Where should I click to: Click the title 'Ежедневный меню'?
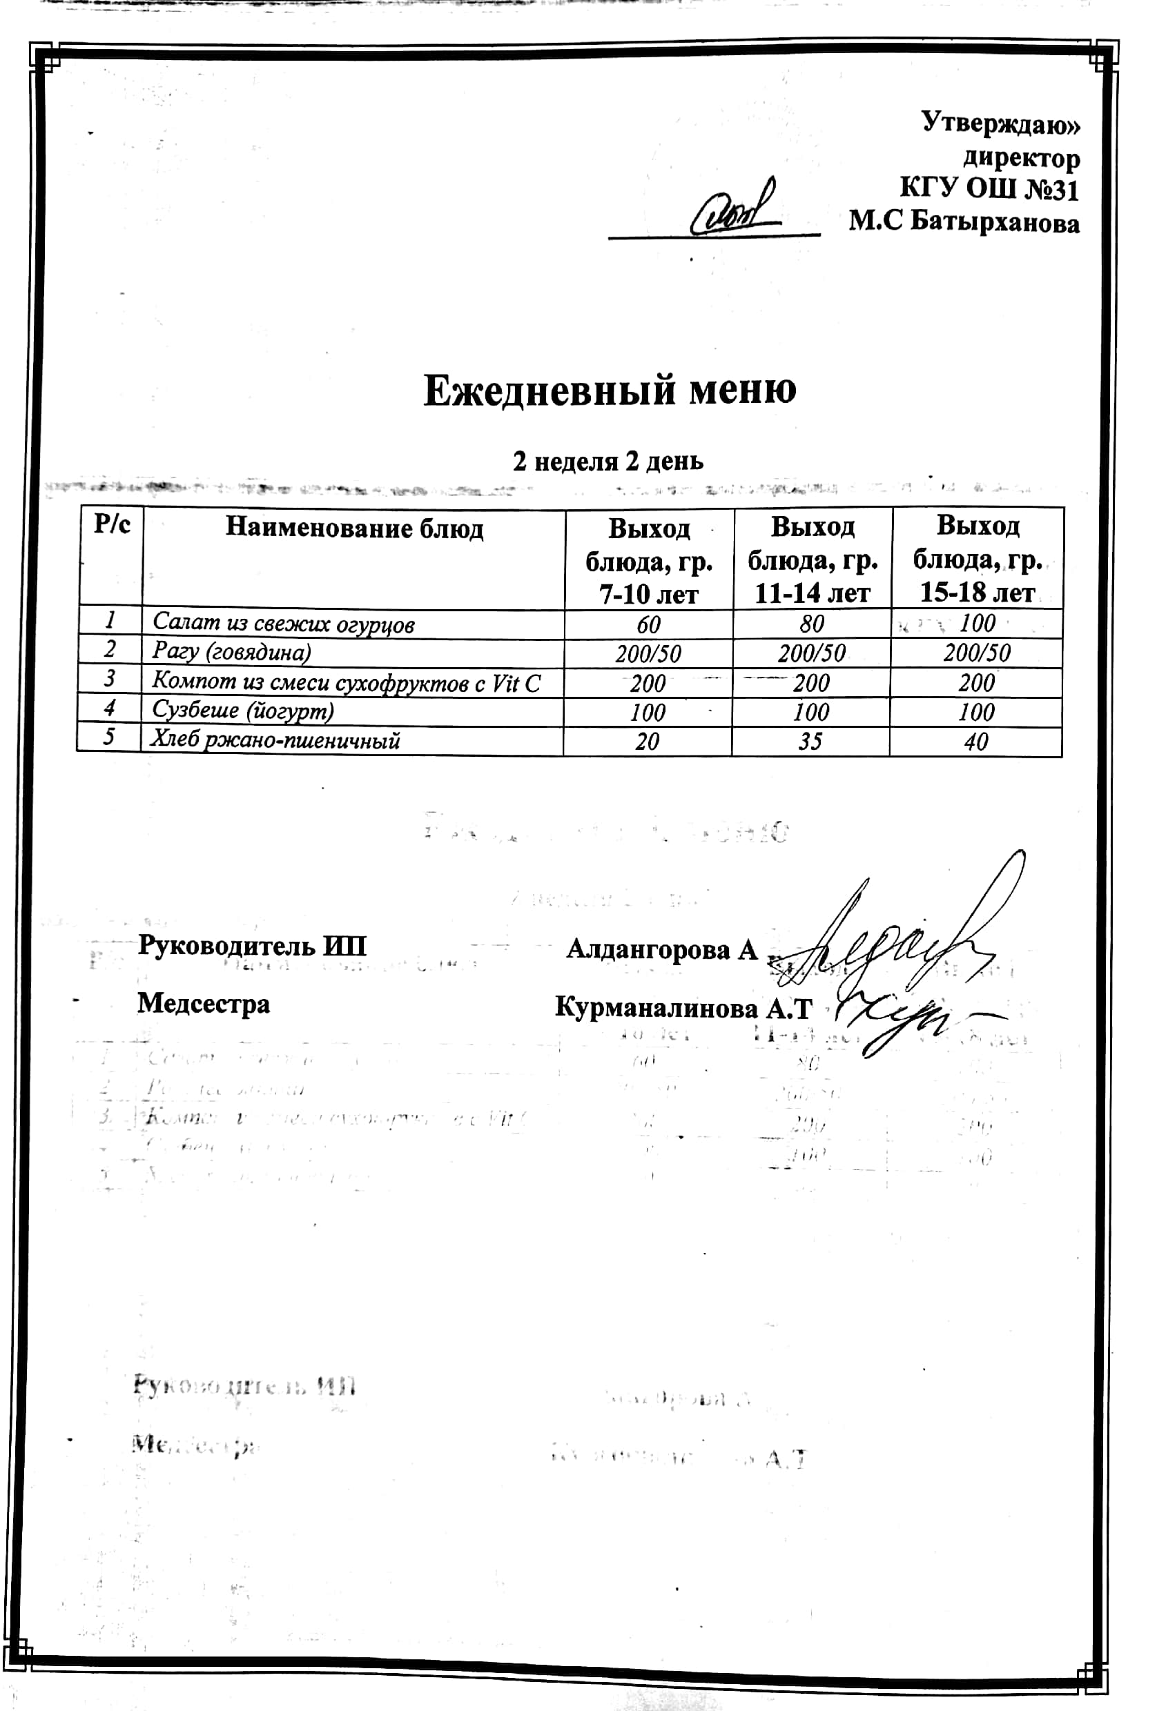(x=609, y=391)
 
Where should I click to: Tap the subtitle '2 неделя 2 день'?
(x=607, y=462)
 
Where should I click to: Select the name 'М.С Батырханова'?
(x=963, y=221)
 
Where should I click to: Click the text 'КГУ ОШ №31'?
(x=989, y=189)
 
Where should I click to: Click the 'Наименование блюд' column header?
(x=353, y=528)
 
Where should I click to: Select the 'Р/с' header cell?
(x=112, y=525)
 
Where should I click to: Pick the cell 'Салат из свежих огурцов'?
(x=284, y=624)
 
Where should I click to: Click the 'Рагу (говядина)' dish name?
(x=231, y=652)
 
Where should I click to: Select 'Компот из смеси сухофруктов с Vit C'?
(x=346, y=682)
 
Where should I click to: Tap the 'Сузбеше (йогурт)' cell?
(x=243, y=711)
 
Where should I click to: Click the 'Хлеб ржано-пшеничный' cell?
(x=275, y=740)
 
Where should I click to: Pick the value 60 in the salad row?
(x=648, y=624)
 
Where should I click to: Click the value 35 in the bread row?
(x=810, y=741)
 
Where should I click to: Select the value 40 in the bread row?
(x=976, y=742)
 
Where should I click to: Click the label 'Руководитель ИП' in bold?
(x=252, y=946)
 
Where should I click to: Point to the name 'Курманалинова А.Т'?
(x=683, y=1007)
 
